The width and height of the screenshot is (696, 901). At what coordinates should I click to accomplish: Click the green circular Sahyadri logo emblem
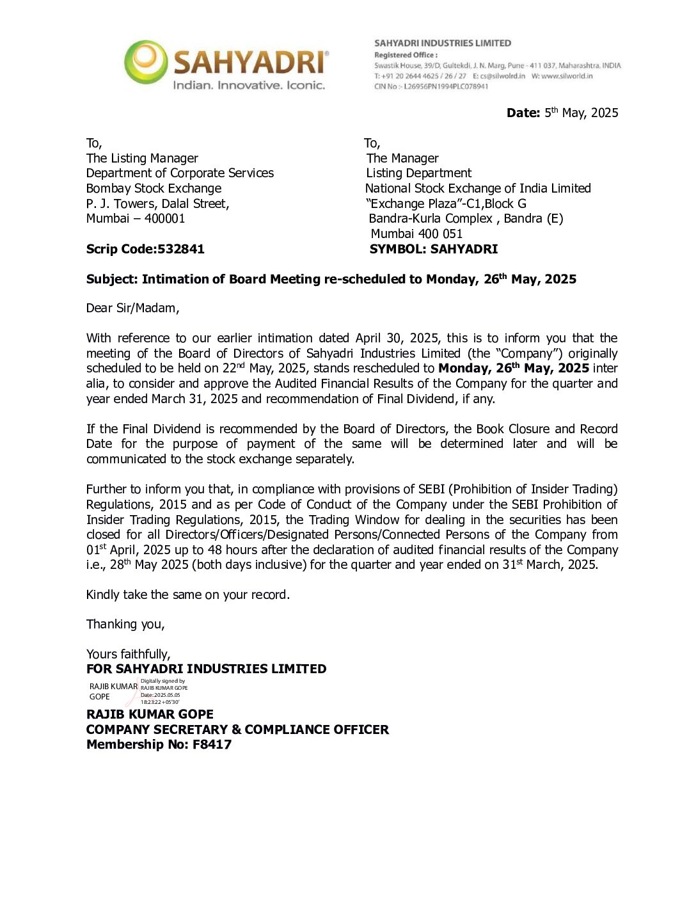pyautogui.click(x=146, y=61)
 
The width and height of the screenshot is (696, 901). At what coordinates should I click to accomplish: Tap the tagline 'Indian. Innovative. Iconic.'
pyautogui.click(x=249, y=85)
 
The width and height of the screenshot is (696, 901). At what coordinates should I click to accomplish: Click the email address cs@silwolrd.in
pyautogui.click(x=503, y=76)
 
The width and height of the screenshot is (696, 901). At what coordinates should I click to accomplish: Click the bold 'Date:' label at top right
pyautogui.click(x=523, y=113)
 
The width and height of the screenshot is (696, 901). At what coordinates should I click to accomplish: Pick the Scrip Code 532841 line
pyautogui.click(x=145, y=249)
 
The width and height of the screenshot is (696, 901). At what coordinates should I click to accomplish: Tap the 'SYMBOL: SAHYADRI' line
pyautogui.click(x=433, y=249)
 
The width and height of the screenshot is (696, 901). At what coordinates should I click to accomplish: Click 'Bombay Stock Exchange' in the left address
pyautogui.click(x=154, y=188)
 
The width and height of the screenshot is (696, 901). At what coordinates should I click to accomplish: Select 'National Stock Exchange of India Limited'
pyautogui.click(x=478, y=188)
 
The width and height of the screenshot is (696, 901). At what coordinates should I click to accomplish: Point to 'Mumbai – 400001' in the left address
pyautogui.click(x=136, y=218)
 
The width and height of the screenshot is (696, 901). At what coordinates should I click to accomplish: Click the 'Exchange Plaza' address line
pyautogui.click(x=446, y=203)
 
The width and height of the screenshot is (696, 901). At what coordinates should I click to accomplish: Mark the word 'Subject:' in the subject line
pyautogui.click(x=112, y=279)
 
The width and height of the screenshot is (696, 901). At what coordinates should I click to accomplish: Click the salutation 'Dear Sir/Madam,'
pyautogui.click(x=132, y=308)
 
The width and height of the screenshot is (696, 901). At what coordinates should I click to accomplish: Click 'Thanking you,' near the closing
pyautogui.click(x=125, y=624)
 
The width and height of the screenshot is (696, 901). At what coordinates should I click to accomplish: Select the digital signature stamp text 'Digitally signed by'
pyautogui.click(x=162, y=681)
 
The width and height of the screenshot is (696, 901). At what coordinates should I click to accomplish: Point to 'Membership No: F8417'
pyautogui.click(x=159, y=744)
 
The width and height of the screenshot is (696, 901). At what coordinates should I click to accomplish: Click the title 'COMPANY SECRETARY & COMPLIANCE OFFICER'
pyautogui.click(x=237, y=730)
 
